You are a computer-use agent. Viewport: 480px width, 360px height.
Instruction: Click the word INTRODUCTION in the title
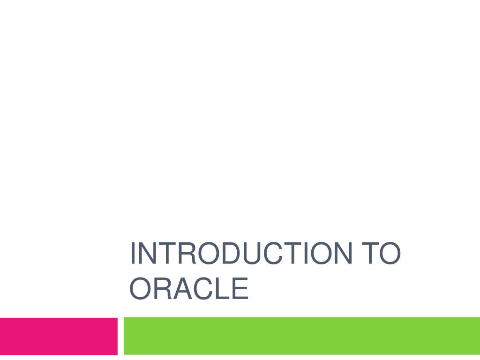(x=240, y=253)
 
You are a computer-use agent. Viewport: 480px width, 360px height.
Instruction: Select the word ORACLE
(x=188, y=289)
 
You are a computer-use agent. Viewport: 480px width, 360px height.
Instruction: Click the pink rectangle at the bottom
(x=59, y=336)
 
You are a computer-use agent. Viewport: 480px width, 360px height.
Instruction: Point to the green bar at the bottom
(x=301, y=336)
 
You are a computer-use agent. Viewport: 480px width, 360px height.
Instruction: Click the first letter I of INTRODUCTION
(x=133, y=253)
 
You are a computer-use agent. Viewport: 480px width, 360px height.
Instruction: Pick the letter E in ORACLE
(x=240, y=289)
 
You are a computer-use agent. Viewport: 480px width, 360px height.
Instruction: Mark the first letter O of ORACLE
(x=140, y=289)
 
